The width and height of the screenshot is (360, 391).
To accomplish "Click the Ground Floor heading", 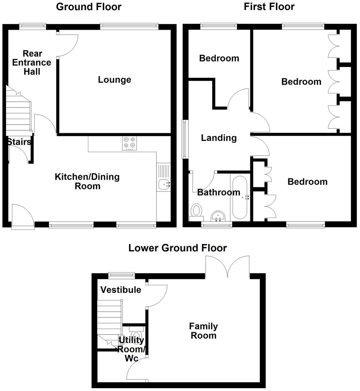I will pyautogui.click(x=89, y=7).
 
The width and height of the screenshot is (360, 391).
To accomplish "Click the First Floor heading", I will pyautogui.click(x=269, y=7).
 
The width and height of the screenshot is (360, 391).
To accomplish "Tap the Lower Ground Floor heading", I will pyautogui.click(x=177, y=248).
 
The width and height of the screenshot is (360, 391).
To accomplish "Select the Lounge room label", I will pyautogui.click(x=114, y=80).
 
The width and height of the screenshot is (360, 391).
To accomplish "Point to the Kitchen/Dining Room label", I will pyautogui.click(x=87, y=181).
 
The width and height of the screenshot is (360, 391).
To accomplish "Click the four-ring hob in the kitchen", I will pyautogui.click(x=130, y=143).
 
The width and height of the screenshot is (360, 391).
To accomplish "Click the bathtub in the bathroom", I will pyautogui.click(x=239, y=197).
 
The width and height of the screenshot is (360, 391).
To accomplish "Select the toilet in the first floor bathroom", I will pyautogui.click(x=197, y=211).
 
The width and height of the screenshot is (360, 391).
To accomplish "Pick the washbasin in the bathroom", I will pyautogui.click(x=218, y=216).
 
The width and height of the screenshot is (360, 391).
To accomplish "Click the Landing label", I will pyautogui.click(x=219, y=138).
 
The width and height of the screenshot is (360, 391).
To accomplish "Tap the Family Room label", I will pyautogui.click(x=204, y=331).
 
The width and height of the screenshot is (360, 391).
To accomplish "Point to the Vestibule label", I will pyautogui.click(x=121, y=290).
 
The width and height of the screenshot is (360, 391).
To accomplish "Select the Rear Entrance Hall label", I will pyautogui.click(x=32, y=63).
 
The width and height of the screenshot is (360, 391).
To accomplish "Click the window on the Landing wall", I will pyautogui.click(x=185, y=139).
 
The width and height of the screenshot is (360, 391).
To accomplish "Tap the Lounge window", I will pyautogui.click(x=129, y=26).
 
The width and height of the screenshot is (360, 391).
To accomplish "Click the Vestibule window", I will pyautogui.click(x=122, y=275).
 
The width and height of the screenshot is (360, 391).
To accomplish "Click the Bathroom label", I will pyautogui.click(x=214, y=192).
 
